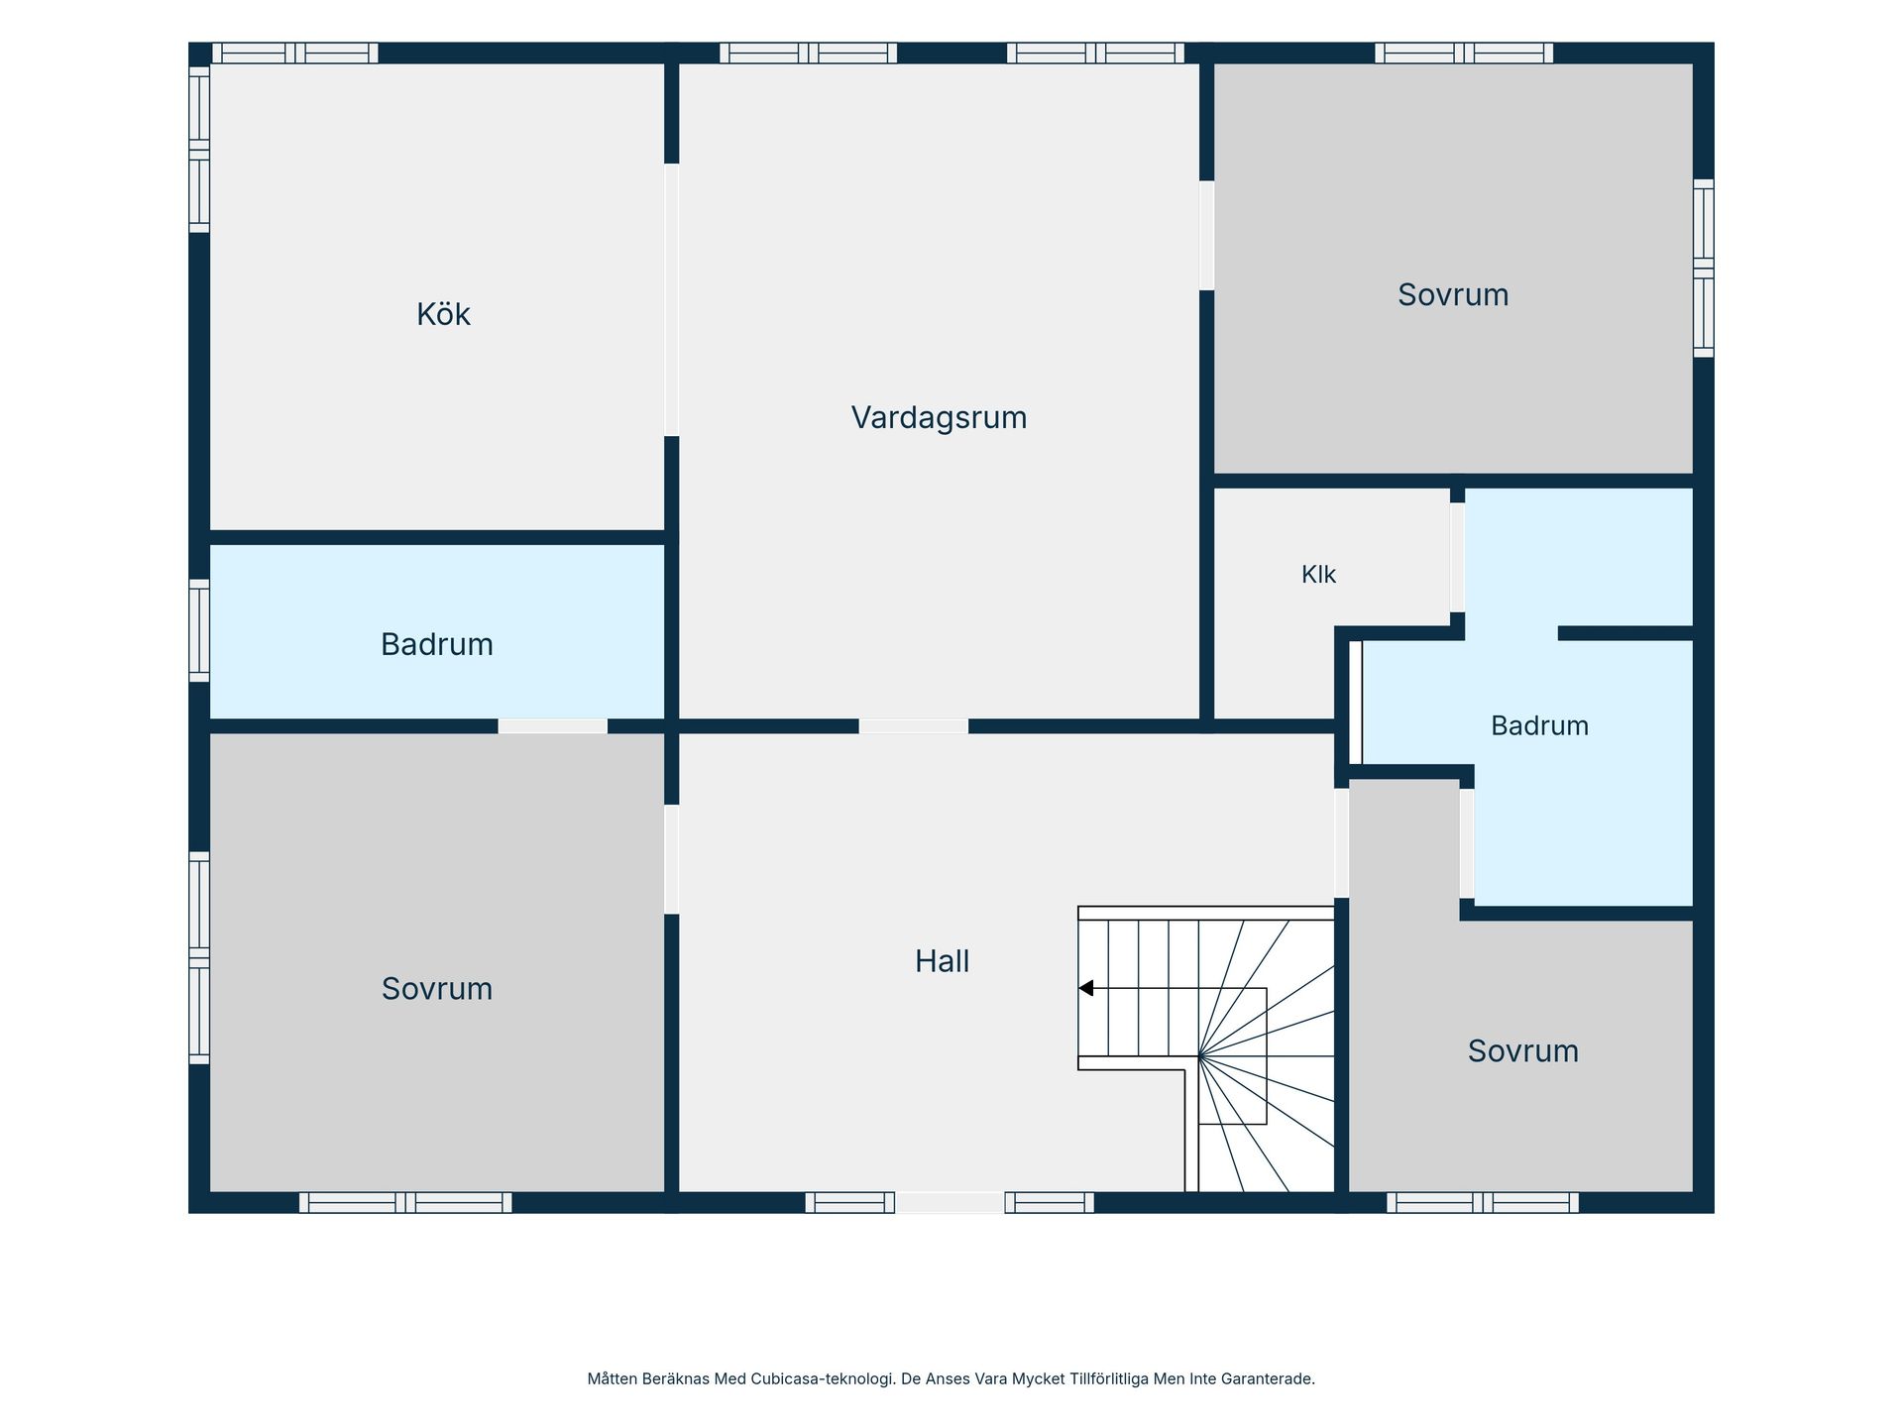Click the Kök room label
(443, 314)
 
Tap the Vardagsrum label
(939, 417)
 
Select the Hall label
(942, 961)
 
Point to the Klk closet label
(1318, 575)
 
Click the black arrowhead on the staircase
(1086, 988)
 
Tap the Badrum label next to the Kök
(437, 644)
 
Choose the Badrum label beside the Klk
(1539, 725)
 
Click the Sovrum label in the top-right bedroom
(1453, 294)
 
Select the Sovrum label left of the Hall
(437, 988)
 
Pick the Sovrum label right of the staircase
(1523, 1050)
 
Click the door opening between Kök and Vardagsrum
(671, 300)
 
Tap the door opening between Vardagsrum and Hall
(913, 726)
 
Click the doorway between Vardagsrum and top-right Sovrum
(1206, 236)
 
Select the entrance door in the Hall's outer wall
(950, 1202)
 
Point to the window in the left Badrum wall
(199, 631)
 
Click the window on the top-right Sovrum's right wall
(1703, 269)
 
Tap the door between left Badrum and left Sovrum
(552, 726)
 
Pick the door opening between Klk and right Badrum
(1457, 558)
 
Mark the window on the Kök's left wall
(199, 150)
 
